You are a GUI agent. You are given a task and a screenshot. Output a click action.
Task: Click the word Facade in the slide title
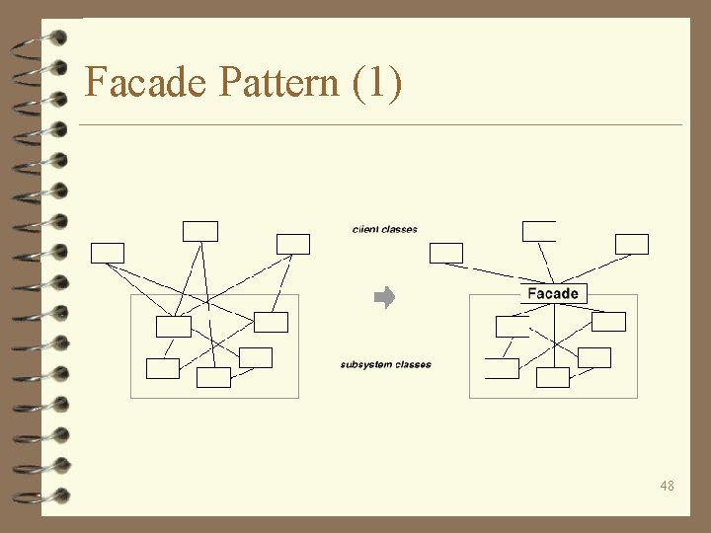147,82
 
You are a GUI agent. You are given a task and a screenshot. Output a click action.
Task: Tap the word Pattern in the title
278,82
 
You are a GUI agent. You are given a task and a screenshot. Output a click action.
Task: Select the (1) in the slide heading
376,82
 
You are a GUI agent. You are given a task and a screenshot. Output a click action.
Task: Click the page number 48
668,486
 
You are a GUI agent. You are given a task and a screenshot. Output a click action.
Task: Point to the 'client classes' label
385,230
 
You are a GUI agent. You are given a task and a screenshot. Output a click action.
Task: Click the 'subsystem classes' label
386,365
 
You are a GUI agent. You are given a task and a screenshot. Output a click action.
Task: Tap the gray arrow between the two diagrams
385,297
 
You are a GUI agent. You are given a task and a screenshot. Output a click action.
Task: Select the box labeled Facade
553,293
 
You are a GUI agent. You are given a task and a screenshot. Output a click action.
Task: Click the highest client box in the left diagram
199,231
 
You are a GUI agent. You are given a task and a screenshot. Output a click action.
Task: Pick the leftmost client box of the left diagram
108,253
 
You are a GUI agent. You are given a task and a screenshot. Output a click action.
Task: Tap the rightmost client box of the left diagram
293,244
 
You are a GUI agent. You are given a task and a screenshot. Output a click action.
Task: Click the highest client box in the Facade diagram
539,231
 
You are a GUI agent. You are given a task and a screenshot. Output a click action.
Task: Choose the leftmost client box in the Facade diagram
446,253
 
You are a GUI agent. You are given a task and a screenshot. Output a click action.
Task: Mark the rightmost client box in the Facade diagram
632,244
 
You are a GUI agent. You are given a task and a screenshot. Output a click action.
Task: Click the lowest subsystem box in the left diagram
213,377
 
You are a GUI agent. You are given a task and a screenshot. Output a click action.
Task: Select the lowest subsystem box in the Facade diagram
553,377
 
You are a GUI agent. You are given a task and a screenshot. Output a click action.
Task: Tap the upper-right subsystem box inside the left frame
271,322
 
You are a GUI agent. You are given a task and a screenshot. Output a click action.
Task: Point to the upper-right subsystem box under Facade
609,322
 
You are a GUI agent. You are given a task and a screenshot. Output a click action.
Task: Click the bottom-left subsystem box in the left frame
163,368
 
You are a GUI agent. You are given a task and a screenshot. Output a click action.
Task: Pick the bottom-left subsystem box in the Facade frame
502,368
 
